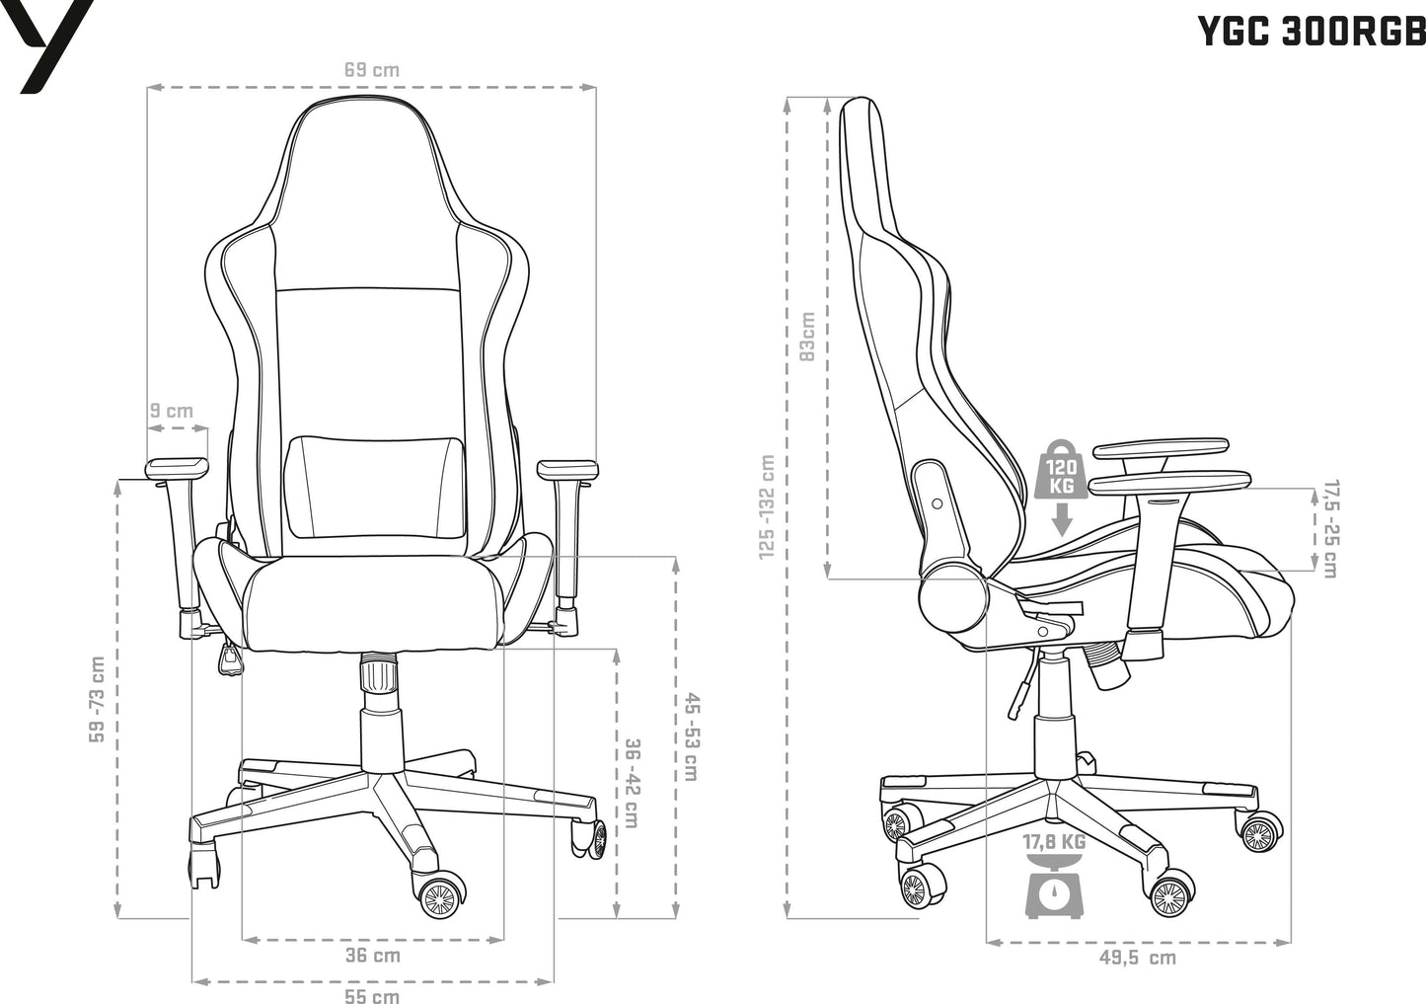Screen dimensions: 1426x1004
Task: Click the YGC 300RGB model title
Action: pos(1313,32)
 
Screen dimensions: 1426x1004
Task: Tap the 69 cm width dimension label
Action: pos(372,69)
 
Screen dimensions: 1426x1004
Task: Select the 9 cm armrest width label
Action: pos(172,411)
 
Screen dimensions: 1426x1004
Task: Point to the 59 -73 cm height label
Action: pos(98,699)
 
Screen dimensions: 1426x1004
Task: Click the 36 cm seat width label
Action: pos(373,955)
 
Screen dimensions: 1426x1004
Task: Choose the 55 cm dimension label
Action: pos(372,996)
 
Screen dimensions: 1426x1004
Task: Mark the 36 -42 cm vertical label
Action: pos(632,783)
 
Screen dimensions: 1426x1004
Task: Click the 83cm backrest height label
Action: pos(806,337)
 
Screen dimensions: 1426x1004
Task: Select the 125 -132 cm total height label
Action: pos(767,507)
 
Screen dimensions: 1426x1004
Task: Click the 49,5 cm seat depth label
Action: pos(1138,957)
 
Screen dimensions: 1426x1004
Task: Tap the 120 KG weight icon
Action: pos(1061,469)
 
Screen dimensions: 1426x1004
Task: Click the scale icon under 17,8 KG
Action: pos(1054,888)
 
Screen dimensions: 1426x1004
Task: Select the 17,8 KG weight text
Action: pos(1054,842)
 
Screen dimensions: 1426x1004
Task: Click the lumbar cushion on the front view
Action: pos(375,488)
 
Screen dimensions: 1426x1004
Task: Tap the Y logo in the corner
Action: pos(47,46)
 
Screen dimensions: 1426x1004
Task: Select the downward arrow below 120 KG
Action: pos(1061,519)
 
